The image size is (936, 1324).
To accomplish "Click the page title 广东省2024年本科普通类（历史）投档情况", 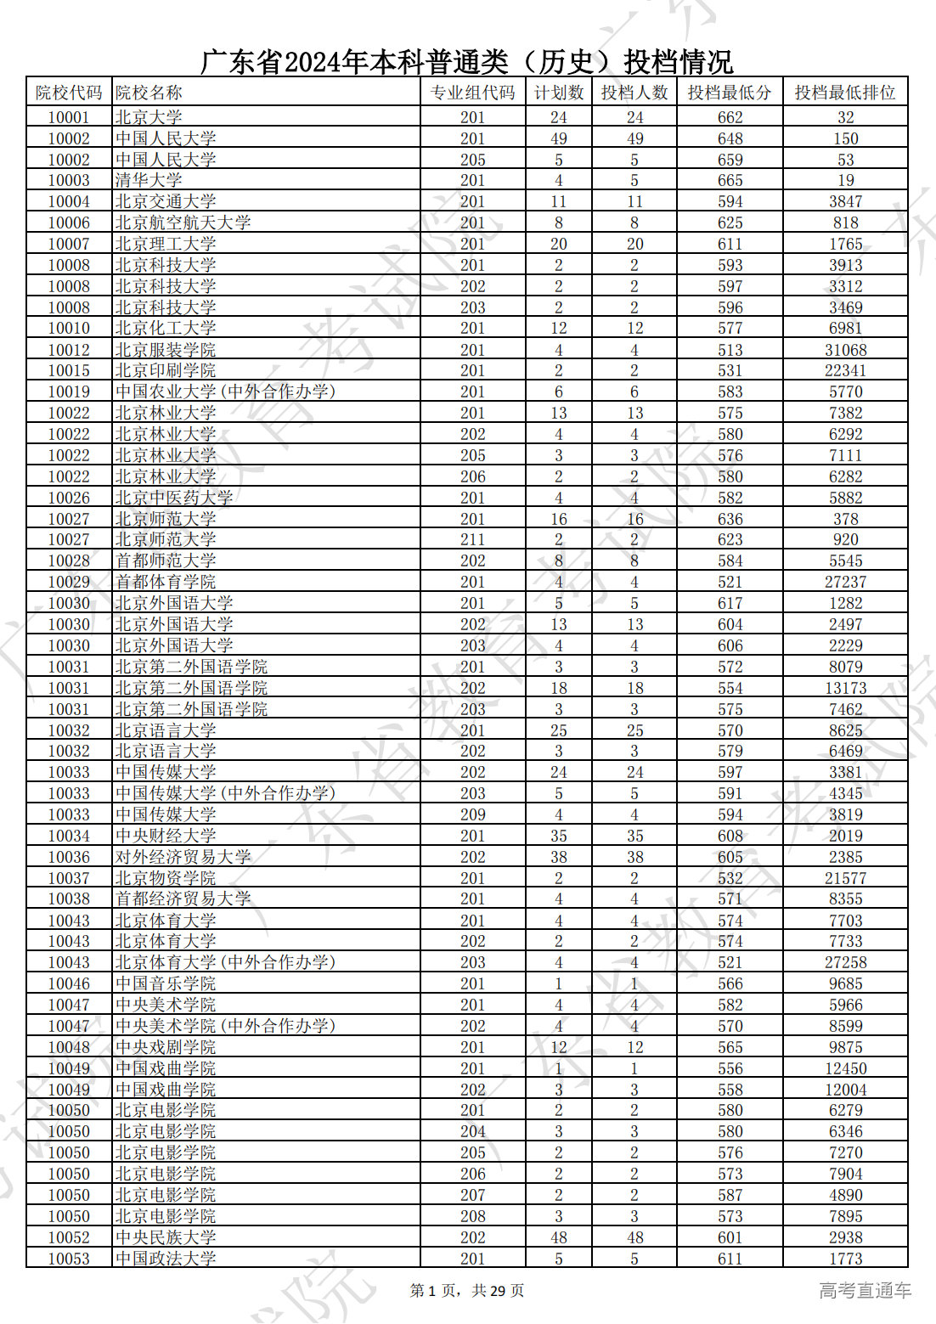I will coord(466,62).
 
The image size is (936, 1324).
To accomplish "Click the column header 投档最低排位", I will coord(844,93).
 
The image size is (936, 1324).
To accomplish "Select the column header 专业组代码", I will coord(472,93).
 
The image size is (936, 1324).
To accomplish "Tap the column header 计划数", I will coord(558,93).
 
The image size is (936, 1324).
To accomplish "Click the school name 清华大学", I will coord(149,180).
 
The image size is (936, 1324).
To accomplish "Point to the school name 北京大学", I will coord(149,117).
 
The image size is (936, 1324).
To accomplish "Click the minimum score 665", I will coord(730,180).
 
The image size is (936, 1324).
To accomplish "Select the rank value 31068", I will coord(845,350).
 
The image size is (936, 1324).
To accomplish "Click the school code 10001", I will coord(69,117).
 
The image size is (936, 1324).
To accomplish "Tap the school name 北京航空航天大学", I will coord(183,223).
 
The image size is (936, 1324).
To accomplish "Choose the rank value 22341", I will coord(845,370).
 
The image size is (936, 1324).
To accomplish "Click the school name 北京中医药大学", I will coord(174,498).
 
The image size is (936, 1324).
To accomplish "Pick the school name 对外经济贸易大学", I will coord(183,857).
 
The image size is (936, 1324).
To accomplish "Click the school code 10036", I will coord(69,857).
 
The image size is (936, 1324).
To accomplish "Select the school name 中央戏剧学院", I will coord(166,1047).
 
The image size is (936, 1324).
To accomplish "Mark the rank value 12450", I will coord(845,1068).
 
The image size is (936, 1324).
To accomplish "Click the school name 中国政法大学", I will coord(166,1259).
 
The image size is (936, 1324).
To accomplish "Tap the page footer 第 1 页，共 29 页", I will coord(467,1291).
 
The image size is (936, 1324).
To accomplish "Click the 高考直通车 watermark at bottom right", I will coord(865,1291).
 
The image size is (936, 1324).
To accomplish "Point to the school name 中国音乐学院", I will coord(166,983).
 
